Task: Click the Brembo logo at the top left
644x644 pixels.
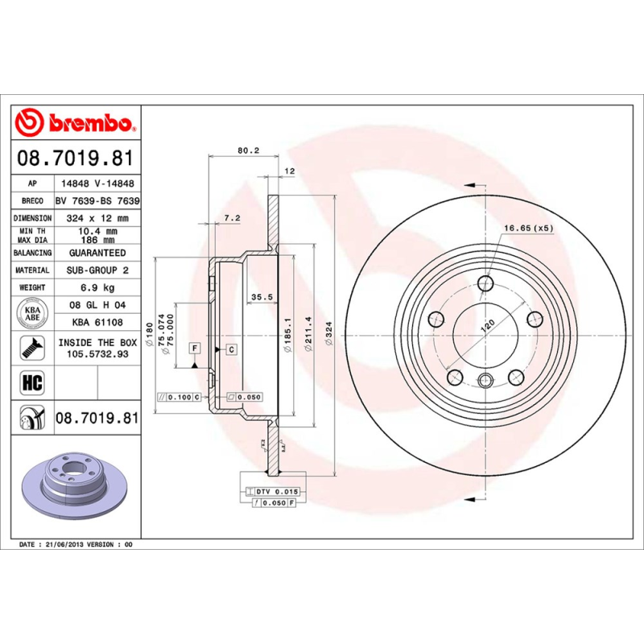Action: pos(76,123)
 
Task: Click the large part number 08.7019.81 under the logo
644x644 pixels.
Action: pos(76,159)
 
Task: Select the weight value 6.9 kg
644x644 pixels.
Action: pos(97,287)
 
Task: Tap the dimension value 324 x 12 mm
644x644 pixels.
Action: pos(97,218)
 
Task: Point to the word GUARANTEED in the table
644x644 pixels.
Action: pos(97,253)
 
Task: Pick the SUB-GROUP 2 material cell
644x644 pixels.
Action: pos(97,270)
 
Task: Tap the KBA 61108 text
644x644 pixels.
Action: pos(97,322)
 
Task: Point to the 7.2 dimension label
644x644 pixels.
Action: pos(232,217)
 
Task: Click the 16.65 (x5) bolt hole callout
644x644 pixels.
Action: pos(529,229)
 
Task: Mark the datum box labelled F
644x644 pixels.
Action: pos(194,348)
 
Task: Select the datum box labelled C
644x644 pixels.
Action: pos(231,349)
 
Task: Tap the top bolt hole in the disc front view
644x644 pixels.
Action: pos(485,283)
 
